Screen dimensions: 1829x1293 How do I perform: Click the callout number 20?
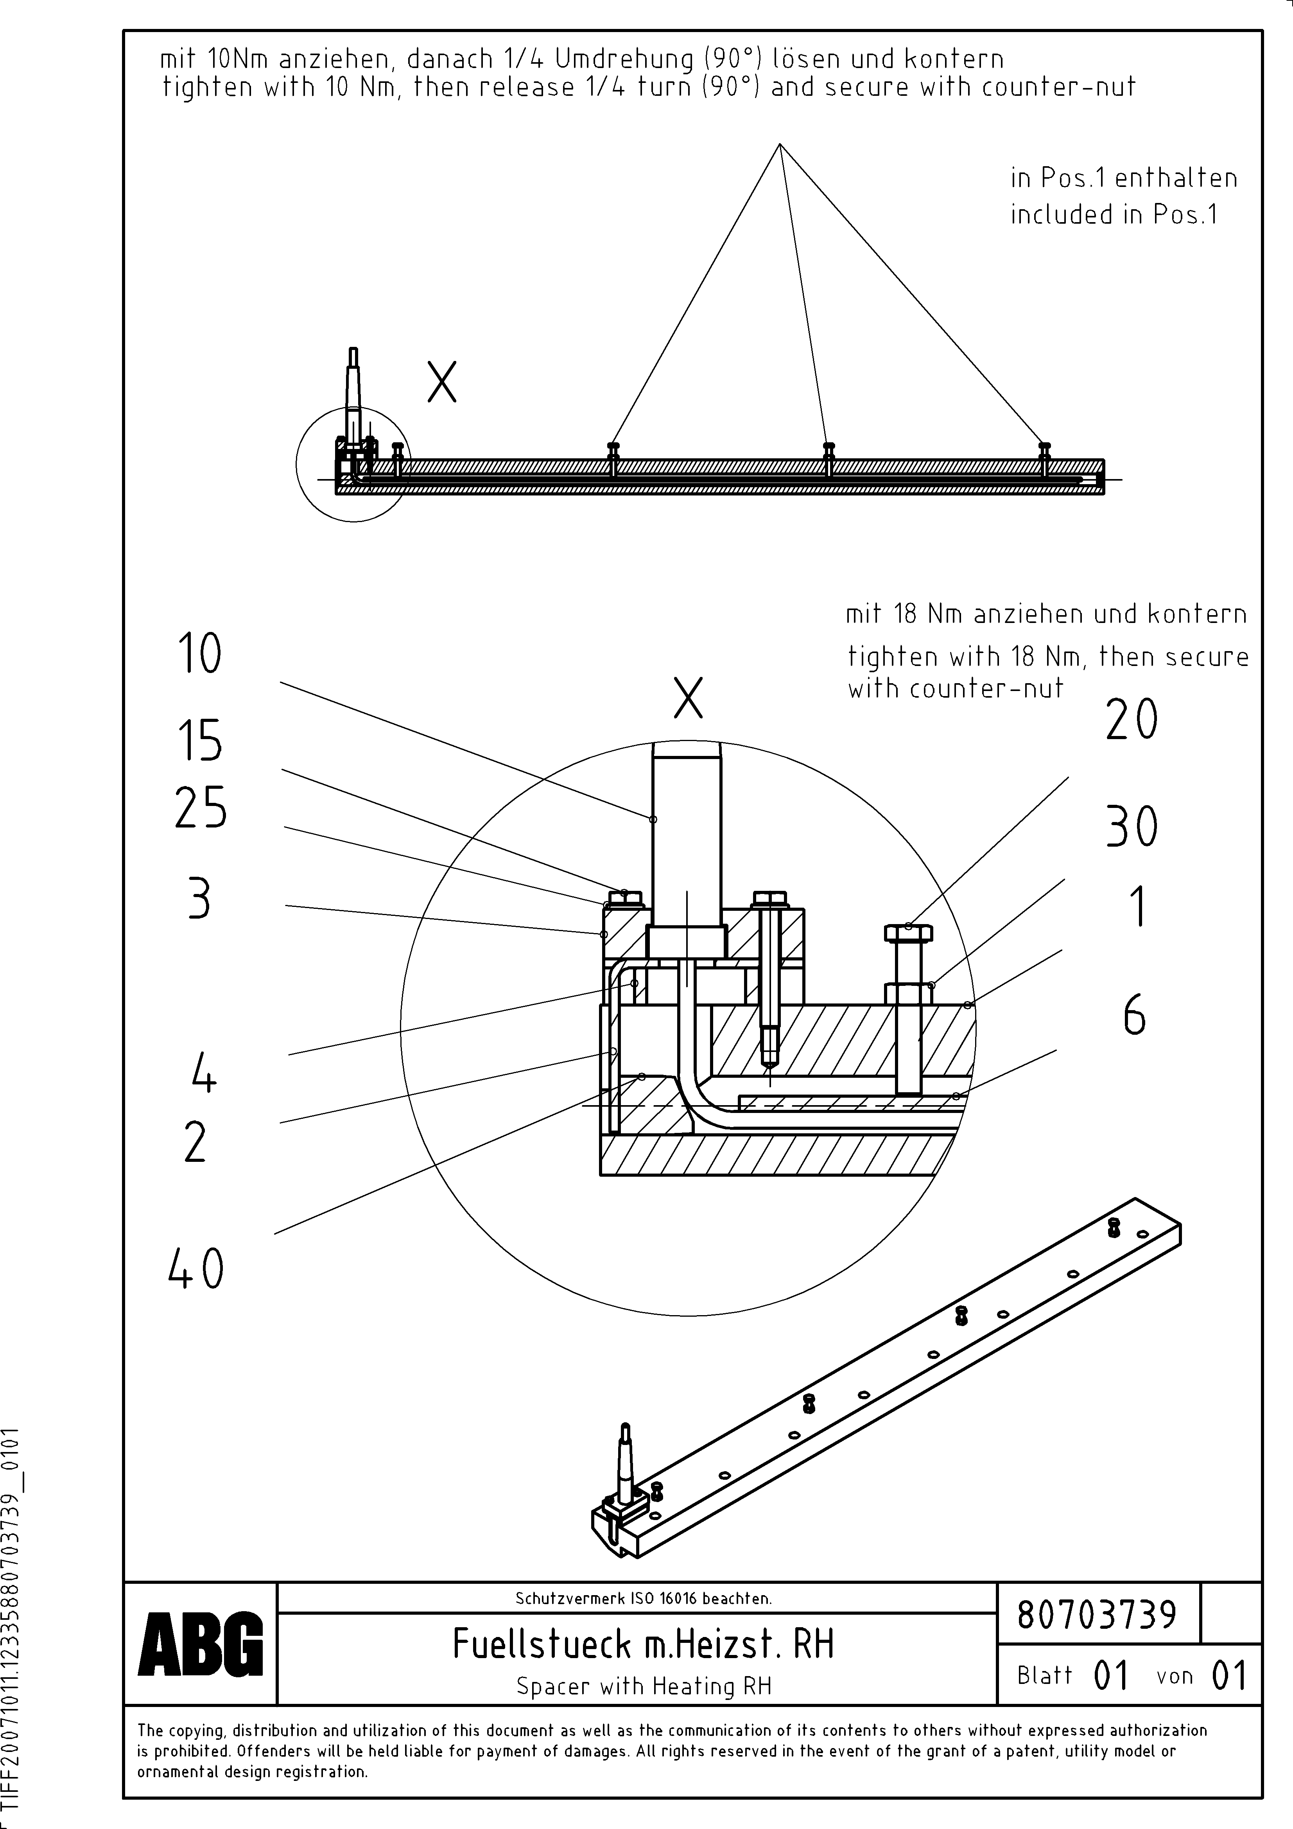(x=1131, y=720)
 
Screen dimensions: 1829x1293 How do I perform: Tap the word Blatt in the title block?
(x=1044, y=1675)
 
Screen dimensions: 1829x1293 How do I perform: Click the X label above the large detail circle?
(x=688, y=698)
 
